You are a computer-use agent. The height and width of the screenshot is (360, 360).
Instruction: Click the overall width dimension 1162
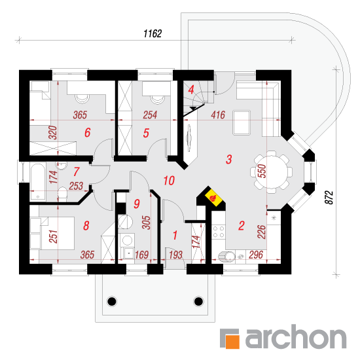(x=153, y=33)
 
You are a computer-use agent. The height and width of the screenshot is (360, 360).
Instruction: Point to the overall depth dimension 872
(x=329, y=197)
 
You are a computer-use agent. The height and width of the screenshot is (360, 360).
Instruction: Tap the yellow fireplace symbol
(x=214, y=198)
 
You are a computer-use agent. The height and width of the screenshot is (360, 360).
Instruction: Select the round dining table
(x=272, y=171)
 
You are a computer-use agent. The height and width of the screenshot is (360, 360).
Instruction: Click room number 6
(x=88, y=132)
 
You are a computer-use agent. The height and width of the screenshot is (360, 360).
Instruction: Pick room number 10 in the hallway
(x=170, y=181)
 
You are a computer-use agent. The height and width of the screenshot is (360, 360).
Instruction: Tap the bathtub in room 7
(x=38, y=182)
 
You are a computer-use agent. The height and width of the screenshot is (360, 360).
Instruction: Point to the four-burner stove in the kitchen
(x=219, y=232)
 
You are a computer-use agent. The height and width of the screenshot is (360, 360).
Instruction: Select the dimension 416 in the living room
(x=218, y=115)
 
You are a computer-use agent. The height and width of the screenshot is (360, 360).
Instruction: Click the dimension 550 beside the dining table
(x=262, y=171)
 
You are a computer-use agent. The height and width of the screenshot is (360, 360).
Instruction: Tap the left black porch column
(x=112, y=301)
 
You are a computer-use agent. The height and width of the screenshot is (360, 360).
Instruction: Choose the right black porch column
(x=198, y=301)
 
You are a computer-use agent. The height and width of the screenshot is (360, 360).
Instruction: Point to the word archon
(x=296, y=336)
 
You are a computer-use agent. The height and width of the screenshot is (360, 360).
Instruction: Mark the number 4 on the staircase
(x=191, y=90)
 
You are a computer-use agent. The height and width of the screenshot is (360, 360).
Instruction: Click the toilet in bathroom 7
(x=62, y=194)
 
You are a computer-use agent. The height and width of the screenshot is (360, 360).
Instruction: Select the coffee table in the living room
(x=242, y=122)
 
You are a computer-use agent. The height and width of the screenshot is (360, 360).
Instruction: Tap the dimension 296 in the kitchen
(x=256, y=255)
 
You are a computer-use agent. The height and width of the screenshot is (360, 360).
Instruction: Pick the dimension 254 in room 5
(x=150, y=115)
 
